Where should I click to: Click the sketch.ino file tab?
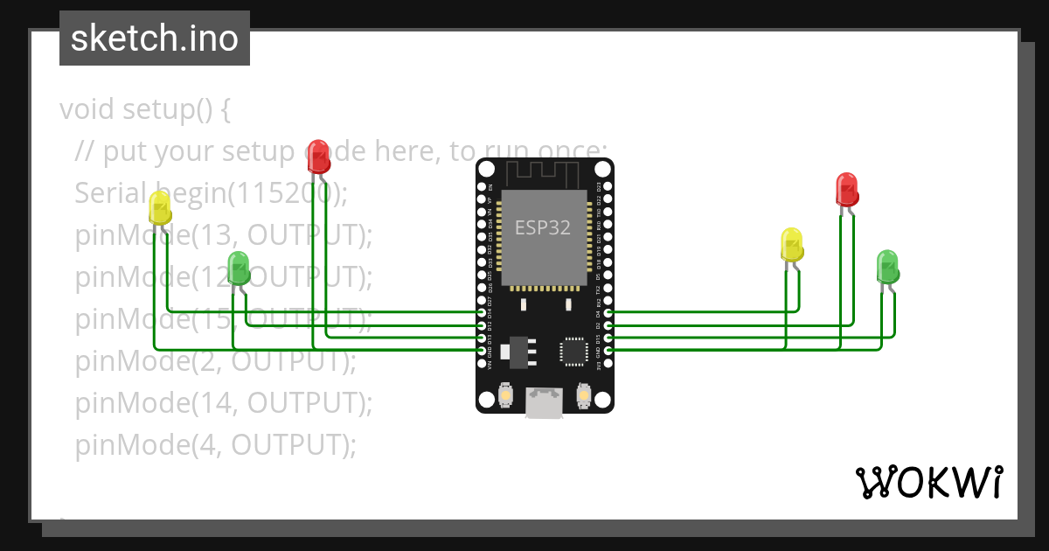[x=155, y=38]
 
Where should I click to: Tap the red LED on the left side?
[x=319, y=157]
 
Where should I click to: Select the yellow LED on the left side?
[x=160, y=208]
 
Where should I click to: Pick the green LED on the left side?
[x=239, y=267]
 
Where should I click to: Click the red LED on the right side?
[x=846, y=189]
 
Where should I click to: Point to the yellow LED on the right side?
[x=791, y=245]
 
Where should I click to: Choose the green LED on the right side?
[x=887, y=266]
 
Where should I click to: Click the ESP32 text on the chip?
[x=542, y=228]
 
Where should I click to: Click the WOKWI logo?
[x=928, y=482]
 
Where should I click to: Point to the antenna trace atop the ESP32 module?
[x=544, y=174]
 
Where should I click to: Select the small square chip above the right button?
[x=573, y=351]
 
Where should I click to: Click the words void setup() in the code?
[x=145, y=110]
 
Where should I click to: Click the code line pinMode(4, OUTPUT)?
[x=215, y=445]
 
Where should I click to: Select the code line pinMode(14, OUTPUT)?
[x=223, y=403]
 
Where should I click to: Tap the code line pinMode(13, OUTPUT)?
[x=223, y=235]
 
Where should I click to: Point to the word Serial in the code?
[x=114, y=192]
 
